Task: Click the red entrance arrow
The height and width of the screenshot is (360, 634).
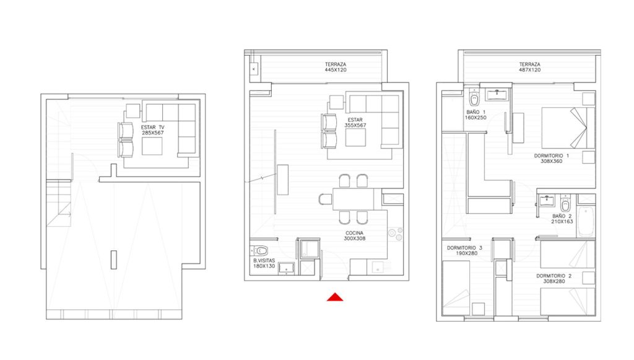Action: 335,297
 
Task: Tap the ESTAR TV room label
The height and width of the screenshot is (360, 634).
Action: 153,130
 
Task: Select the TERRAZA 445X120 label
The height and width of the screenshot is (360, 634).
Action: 336,67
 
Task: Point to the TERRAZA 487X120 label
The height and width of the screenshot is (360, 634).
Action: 530,67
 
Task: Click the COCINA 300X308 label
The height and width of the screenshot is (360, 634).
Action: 355,236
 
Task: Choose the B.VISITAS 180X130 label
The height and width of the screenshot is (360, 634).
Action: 264,263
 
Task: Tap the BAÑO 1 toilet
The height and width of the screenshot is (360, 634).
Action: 474,98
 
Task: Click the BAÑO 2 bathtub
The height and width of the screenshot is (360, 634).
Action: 586,221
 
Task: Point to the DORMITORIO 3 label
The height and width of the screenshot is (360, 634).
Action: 464,250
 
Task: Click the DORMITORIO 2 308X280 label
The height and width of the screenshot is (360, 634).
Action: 554,279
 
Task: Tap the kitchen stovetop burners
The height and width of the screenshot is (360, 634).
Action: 396,234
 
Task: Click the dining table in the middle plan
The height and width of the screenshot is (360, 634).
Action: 354,199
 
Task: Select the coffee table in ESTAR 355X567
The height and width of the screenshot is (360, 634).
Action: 355,138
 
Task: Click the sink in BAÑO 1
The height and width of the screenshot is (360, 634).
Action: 495,95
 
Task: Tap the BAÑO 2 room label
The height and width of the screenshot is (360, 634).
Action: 562,219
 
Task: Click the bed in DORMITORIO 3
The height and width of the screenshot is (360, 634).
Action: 456,288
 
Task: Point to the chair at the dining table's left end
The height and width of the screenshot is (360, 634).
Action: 325,200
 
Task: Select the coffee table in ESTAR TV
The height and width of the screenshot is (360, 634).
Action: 152,146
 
